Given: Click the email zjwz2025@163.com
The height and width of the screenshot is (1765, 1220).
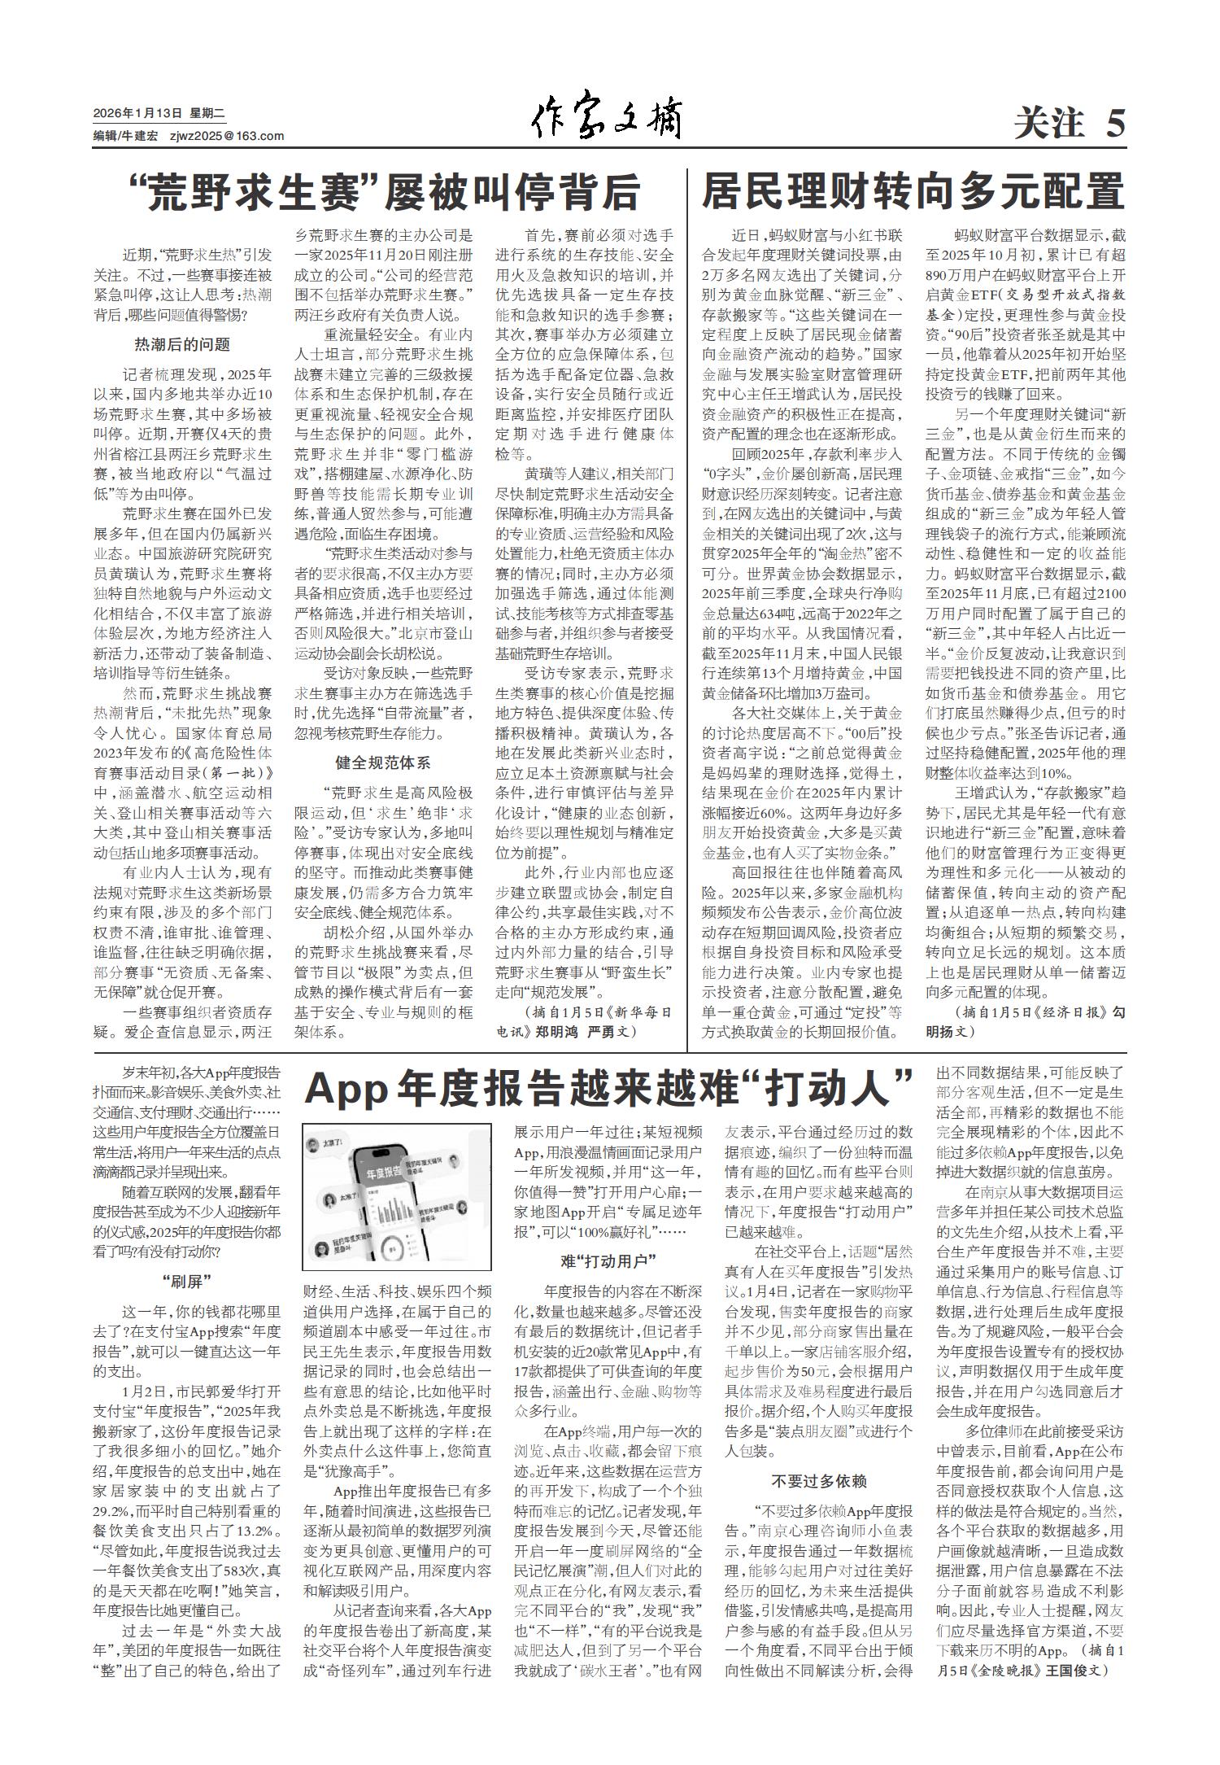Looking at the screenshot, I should click(x=227, y=136).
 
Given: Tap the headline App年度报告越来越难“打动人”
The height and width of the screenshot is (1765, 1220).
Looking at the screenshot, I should click(x=608, y=1089).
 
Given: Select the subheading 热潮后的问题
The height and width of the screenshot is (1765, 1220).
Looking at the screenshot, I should click(x=182, y=344).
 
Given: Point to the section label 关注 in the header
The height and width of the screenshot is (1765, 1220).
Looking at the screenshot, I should click(x=1048, y=125).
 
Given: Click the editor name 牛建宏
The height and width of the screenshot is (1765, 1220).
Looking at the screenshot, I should click(x=140, y=136).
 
